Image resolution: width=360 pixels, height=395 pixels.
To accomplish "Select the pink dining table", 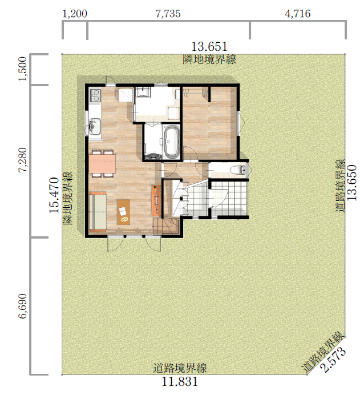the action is [102, 163].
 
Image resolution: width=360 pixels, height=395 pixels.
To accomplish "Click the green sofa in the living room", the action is [98, 212].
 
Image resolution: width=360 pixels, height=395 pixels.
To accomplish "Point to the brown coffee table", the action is [123, 212].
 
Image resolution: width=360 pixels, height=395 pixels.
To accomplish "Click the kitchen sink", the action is [95, 127].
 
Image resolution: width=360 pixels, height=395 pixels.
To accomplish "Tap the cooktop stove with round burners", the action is [95, 95].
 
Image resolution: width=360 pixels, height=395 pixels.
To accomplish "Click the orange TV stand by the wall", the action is [156, 200].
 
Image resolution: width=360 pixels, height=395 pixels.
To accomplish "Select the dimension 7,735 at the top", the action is [168, 14].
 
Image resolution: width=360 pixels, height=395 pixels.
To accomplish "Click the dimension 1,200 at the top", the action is [75, 14].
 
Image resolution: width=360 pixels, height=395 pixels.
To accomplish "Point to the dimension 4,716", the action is [298, 14].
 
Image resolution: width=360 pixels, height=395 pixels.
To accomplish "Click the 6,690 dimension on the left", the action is [23, 306].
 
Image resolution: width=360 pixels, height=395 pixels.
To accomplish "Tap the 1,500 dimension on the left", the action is [23, 68].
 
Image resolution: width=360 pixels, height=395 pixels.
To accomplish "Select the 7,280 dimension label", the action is [23, 160].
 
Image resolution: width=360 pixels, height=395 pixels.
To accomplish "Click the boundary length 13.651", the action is [209, 47].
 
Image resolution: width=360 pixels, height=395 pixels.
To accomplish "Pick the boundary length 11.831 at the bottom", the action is [180, 382].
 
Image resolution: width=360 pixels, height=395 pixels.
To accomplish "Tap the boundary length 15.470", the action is [54, 195].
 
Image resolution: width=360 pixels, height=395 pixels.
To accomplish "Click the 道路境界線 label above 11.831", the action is [180, 368].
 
